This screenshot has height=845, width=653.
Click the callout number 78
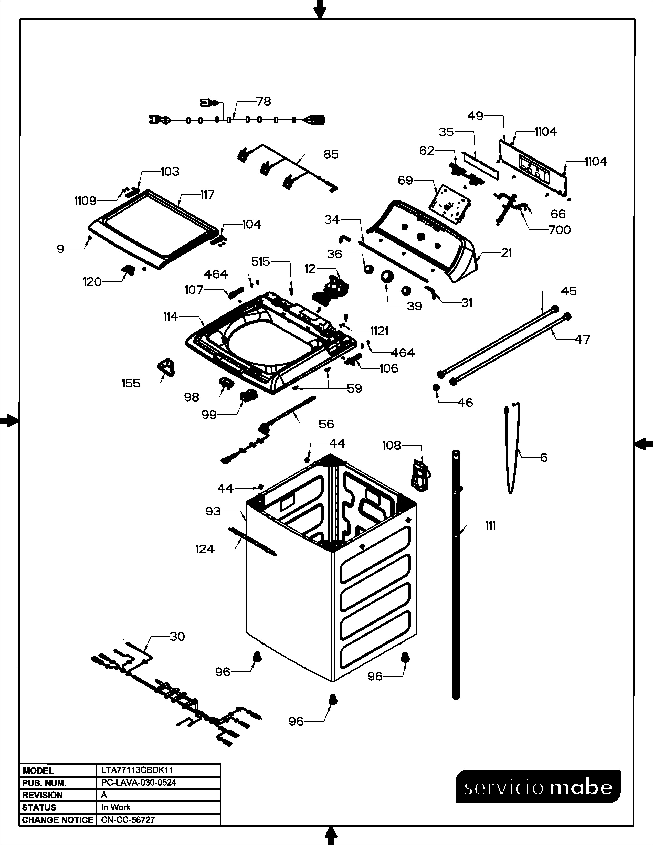264,102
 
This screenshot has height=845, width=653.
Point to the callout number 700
560,230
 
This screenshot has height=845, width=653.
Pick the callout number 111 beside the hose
490,525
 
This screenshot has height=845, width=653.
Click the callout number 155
131,383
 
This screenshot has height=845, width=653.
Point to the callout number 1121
379,331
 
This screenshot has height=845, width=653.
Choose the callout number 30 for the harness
177,637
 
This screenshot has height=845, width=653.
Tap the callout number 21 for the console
506,253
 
